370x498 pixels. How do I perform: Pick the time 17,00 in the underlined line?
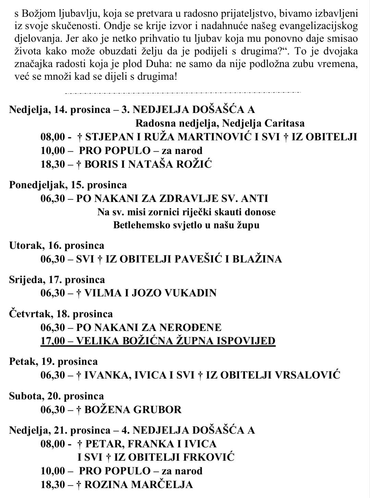point(52,341)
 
